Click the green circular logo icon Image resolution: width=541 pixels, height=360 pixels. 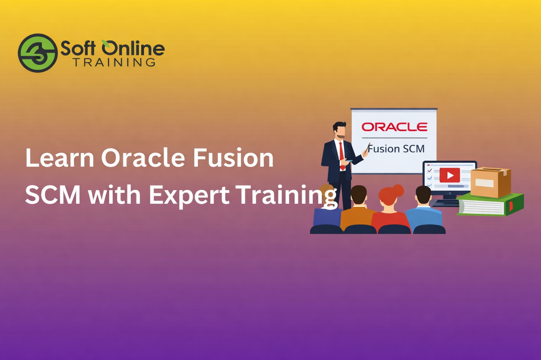click(38, 53)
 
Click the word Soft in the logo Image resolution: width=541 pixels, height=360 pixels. click(78, 48)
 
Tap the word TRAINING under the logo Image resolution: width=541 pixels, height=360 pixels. click(114, 63)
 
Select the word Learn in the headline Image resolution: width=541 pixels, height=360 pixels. click(60, 158)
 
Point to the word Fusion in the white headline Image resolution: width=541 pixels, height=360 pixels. click(233, 158)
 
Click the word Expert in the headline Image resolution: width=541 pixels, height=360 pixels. click(189, 195)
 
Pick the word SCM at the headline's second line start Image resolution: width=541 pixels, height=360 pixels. click(53, 195)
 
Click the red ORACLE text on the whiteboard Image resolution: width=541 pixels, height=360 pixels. click(394, 127)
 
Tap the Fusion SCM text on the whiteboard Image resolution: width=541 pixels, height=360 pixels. click(396, 149)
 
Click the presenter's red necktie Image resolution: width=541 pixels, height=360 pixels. click(341, 155)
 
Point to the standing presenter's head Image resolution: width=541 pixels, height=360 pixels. click(340, 130)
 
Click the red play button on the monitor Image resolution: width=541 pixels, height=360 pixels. click(450, 175)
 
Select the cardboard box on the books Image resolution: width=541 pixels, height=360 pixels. click(490, 182)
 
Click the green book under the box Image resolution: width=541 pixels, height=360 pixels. click(491, 205)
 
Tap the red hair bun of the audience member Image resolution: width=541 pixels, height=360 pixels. click(398, 190)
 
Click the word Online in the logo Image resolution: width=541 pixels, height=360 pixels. click(133, 48)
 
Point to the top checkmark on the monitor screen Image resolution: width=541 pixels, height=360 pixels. click(429, 171)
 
